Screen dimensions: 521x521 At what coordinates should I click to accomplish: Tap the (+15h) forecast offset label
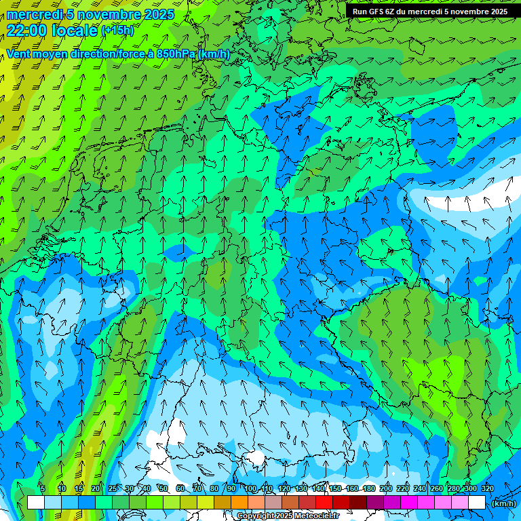[117, 30]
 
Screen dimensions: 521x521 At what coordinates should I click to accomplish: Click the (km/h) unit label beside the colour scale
[503, 503]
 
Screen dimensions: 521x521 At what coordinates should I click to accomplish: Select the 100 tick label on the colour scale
[250, 488]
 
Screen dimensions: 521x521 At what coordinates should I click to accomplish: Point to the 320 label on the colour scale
[487, 488]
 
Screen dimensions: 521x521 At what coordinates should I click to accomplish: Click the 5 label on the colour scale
[43, 488]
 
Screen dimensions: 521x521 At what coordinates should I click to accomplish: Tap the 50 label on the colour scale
[163, 488]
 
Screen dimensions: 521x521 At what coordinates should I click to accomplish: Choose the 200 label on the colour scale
[386, 488]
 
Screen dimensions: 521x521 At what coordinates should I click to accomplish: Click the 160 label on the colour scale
[352, 488]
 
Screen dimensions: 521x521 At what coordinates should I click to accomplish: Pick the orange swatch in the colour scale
[239, 503]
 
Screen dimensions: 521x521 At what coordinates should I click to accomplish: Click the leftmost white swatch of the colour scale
[35, 503]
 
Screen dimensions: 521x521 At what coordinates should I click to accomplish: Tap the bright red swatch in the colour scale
[324, 503]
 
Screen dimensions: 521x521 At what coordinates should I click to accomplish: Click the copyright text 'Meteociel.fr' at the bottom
[317, 516]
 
